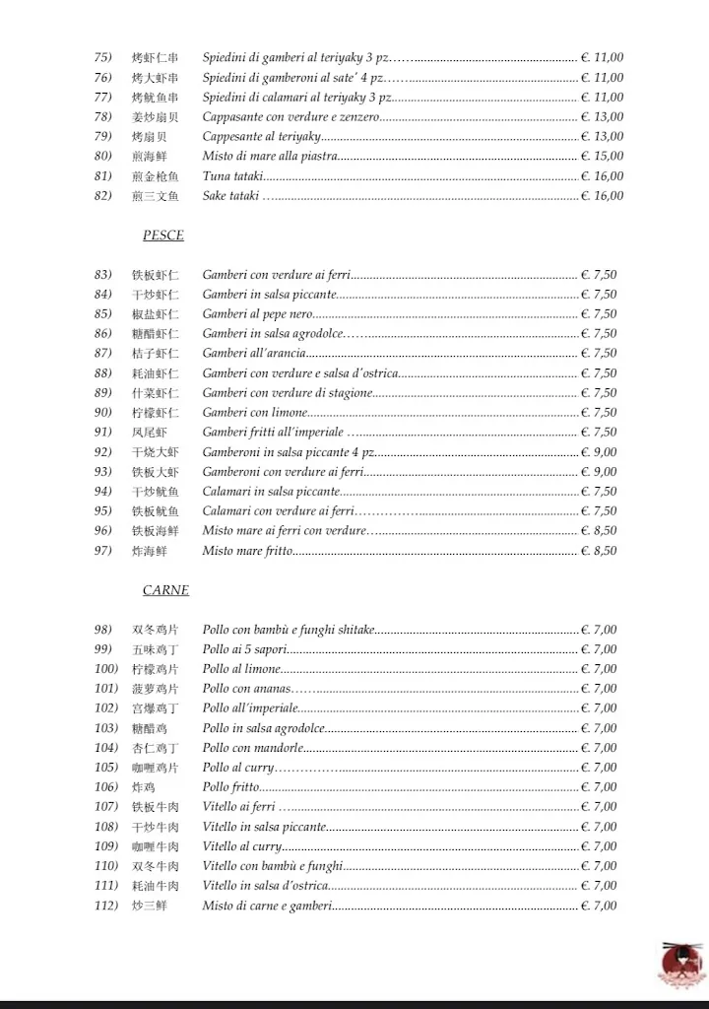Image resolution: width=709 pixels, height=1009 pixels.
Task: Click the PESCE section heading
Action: (x=162, y=235)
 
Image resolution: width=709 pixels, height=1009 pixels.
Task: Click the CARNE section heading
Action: (x=165, y=590)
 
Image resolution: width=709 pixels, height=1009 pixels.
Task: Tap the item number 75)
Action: (x=103, y=58)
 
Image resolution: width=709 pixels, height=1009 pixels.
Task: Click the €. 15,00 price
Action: (x=602, y=157)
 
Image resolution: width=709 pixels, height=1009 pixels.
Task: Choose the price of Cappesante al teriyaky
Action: (x=602, y=137)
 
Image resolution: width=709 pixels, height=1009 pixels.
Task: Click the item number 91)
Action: (x=103, y=433)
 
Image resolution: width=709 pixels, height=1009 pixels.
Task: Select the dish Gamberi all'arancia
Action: (x=254, y=354)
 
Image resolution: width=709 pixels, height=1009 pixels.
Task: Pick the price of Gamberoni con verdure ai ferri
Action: (x=599, y=472)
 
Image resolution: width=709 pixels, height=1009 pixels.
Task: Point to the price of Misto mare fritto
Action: (x=599, y=551)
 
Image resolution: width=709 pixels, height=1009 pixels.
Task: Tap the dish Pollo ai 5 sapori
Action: (x=245, y=649)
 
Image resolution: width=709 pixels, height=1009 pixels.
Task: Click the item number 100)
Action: (x=106, y=669)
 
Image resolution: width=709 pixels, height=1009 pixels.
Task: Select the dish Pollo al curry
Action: (x=238, y=768)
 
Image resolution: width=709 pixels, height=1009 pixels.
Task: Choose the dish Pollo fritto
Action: (x=231, y=787)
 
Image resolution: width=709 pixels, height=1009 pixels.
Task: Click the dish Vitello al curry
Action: (x=242, y=846)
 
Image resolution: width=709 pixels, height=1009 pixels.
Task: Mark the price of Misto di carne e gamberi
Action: (x=599, y=906)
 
